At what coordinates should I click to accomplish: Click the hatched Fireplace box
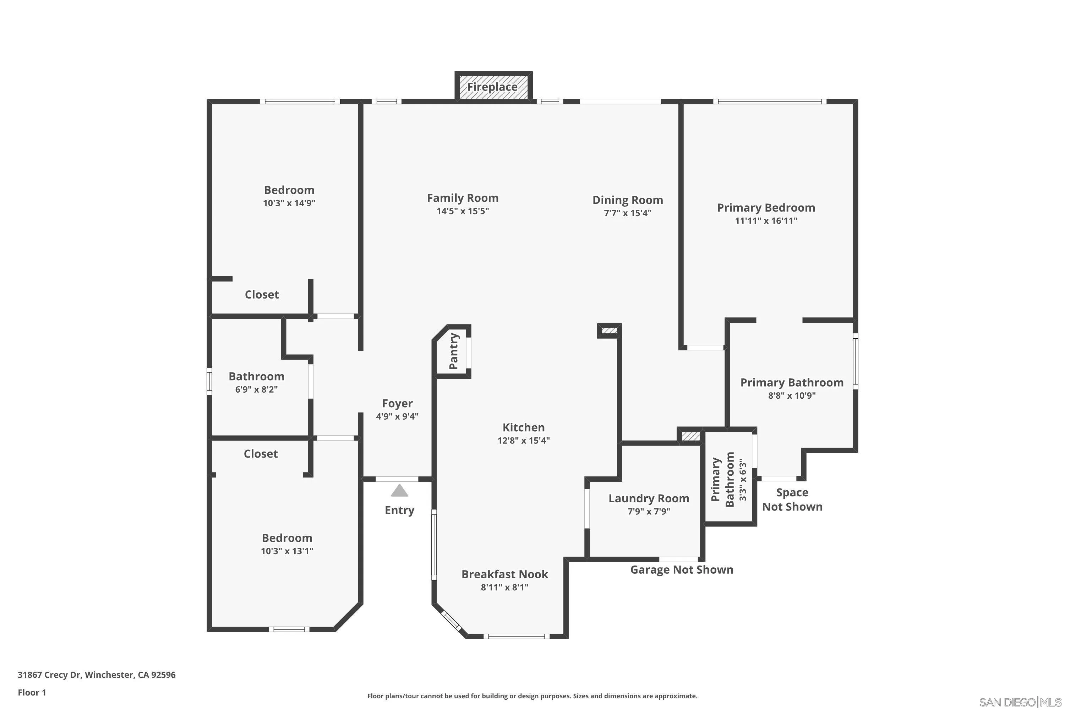(493, 87)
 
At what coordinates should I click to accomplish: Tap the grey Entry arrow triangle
(399, 490)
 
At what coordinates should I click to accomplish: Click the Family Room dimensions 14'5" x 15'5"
(462, 211)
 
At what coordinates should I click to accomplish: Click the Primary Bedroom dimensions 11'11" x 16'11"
(766, 221)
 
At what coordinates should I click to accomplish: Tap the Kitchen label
(523, 427)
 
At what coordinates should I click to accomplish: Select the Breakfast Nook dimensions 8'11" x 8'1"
(504, 587)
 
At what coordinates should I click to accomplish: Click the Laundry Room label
(649, 498)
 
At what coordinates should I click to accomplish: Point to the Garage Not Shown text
(682, 570)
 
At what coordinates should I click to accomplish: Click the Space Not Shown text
(792, 499)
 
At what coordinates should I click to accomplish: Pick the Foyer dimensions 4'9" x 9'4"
(397, 416)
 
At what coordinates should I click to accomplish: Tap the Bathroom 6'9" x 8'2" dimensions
(256, 389)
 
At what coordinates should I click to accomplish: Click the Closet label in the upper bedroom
(262, 294)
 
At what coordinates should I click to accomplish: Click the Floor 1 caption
(32, 692)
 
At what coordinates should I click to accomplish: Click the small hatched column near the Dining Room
(610, 331)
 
